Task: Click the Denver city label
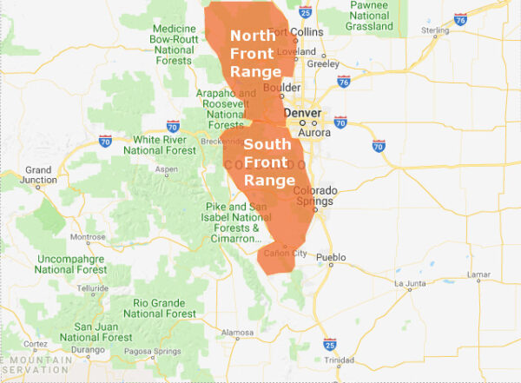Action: pos(302,113)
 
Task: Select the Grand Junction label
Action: pos(38,175)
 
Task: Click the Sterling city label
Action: pos(435,30)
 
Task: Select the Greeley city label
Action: pos(323,63)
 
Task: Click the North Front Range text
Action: pos(254,54)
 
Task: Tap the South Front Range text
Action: pos(269,162)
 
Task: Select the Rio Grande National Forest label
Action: pos(164,307)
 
